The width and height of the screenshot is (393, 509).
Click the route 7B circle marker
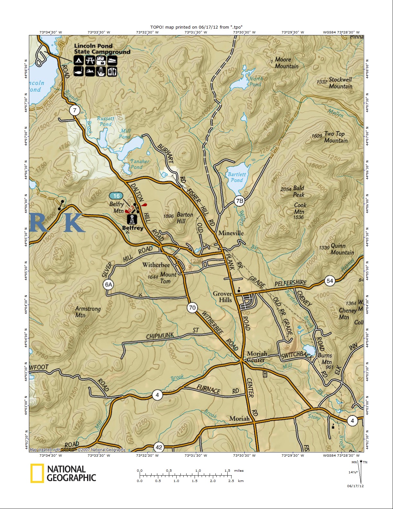click(240, 201)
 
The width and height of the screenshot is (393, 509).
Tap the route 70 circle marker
click(192, 308)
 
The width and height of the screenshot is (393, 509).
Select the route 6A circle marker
click(109, 284)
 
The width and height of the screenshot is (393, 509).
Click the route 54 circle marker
click(330, 281)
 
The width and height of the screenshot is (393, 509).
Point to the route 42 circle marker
click(159, 447)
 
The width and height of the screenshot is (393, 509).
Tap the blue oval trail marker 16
click(116, 196)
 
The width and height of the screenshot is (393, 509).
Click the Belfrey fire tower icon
click(132, 219)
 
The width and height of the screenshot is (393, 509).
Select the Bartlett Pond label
click(237, 177)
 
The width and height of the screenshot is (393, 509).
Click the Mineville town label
click(231, 233)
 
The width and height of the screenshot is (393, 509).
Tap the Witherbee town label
click(156, 265)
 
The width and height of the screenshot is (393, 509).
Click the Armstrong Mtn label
click(88, 312)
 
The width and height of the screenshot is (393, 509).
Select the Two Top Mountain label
click(336, 137)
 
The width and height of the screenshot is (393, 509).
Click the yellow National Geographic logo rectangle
click(37, 473)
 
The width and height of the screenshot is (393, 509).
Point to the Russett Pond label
click(106, 121)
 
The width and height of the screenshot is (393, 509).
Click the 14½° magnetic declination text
click(353, 472)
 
